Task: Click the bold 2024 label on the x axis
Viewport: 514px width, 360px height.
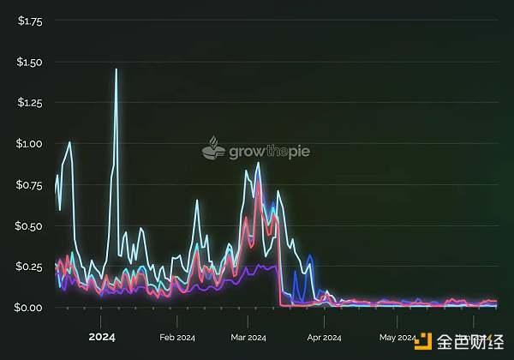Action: tap(102, 336)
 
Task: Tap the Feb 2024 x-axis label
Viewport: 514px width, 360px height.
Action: tap(177, 337)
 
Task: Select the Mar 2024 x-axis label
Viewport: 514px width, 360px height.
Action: tap(248, 337)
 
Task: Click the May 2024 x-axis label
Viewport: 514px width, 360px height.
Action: tap(397, 337)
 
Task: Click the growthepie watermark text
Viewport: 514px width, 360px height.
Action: tap(269, 152)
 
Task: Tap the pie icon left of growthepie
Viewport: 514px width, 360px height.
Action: tap(213, 149)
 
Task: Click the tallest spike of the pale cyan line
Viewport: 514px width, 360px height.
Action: tap(116, 69)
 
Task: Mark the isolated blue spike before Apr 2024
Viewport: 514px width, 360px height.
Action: tap(309, 255)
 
